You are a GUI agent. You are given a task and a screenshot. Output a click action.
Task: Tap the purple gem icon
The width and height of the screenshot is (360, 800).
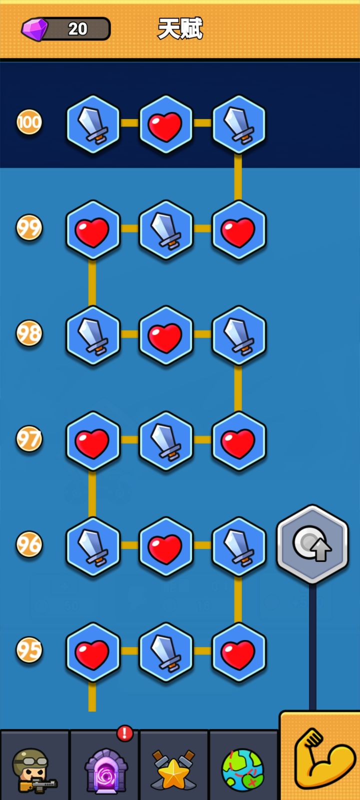pos(34,29)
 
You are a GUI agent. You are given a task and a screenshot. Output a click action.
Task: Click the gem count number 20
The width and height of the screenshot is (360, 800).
pos(77,29)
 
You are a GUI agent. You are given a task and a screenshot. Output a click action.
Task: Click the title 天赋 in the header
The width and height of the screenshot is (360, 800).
pos(180,28)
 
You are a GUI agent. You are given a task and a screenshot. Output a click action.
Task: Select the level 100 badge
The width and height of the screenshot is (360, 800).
pos(29,122)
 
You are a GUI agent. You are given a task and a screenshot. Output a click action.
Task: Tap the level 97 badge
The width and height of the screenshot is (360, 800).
pos(29,438)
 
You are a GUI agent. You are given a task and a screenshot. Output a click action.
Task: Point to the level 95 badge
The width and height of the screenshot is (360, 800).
pos(29,649)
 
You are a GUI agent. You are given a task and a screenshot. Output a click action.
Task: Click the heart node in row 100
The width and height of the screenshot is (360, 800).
pos(165,124)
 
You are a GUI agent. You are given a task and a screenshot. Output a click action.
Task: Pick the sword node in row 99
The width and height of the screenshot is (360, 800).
pos(165,229)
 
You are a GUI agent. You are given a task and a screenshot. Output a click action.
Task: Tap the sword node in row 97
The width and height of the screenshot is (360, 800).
pos(165,441)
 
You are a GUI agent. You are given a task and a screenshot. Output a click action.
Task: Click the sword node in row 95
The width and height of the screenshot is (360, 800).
pos(165,652)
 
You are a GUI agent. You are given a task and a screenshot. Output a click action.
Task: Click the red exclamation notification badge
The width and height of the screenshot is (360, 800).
pos(125,733)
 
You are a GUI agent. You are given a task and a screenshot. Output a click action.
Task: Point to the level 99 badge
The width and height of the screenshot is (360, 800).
pos(29,227)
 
